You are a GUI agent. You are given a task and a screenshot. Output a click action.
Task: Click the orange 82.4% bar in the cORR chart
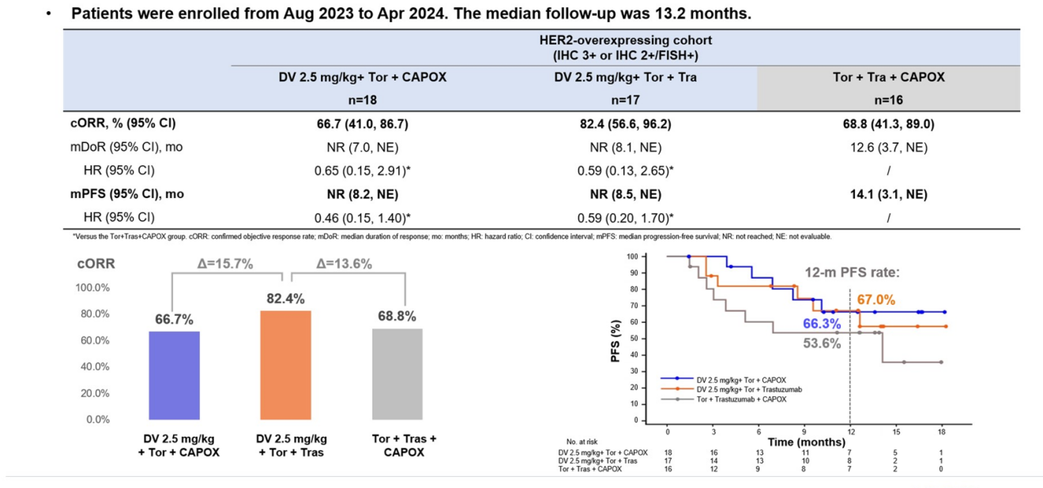[x=284, y=365]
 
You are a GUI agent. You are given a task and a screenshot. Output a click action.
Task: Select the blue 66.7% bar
[x=175, y=375]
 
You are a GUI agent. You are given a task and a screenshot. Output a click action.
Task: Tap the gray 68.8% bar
[x=397, y=374]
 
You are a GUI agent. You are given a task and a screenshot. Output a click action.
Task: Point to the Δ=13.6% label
[x=345, y=264]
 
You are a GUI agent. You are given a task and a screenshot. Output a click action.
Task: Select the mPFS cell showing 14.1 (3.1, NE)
[x=888, y=194]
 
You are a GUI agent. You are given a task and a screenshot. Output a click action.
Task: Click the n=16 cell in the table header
[x=888, y=100]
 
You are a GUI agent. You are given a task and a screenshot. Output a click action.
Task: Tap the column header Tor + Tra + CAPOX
[x=888, y=77]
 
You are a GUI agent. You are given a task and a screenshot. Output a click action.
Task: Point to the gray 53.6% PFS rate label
[x=822, y=343]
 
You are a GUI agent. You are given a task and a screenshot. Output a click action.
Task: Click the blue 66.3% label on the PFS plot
[x=823, y=324]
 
